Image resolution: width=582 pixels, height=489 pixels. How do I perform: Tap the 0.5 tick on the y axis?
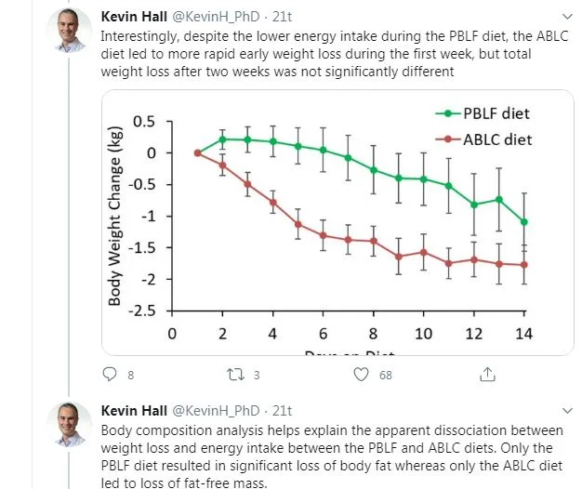point(144,122)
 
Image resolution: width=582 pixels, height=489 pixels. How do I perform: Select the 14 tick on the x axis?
point(523,333)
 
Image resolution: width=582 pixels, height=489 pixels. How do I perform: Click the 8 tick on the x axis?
point(373,333)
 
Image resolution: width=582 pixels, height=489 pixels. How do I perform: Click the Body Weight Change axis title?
point(115,216)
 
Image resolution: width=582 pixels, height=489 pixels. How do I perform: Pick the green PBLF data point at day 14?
point(523,221)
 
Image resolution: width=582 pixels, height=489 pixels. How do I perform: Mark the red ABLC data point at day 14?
point(523,265)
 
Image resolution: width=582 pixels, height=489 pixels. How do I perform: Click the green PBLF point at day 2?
point(222,139)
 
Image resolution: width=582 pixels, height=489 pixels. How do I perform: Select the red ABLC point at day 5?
point(298,224)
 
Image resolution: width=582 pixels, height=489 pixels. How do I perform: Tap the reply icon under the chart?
point(109,375)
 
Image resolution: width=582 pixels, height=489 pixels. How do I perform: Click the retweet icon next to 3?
point(235,375)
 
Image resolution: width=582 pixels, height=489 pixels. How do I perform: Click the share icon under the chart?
point(485,375)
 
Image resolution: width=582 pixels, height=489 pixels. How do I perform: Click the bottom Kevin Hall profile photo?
point(69,425)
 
